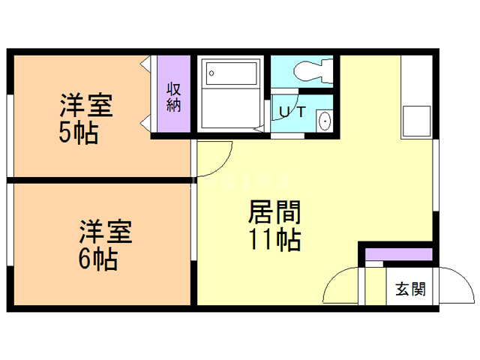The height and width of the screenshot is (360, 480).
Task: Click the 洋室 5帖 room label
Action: (x=86, y=118)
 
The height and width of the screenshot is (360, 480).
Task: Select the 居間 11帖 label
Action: (x=274, y=226)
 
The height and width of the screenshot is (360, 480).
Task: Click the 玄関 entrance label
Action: (x=410, y=288)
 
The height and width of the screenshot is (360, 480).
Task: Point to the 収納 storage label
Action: (x=174, y=97)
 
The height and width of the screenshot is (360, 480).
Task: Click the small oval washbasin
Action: (x=325, y=121)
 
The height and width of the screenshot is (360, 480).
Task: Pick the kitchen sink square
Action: (x=416, y=119)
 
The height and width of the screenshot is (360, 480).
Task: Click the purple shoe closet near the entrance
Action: (x=398, y=254)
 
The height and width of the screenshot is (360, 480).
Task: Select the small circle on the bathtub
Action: (x=212, y=73)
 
